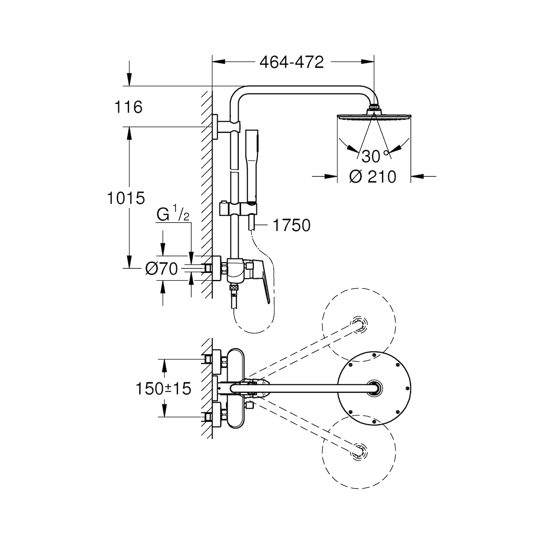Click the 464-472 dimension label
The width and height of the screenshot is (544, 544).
[x=292, y=62]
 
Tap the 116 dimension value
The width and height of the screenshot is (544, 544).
[x=129, y=107]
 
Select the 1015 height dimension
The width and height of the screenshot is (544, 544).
[x=126, y=198]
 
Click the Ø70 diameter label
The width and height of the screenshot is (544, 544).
[x=162, y=269]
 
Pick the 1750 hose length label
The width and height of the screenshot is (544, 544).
[x=292, y=225]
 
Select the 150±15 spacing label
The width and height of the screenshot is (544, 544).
[x=164, y=388]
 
